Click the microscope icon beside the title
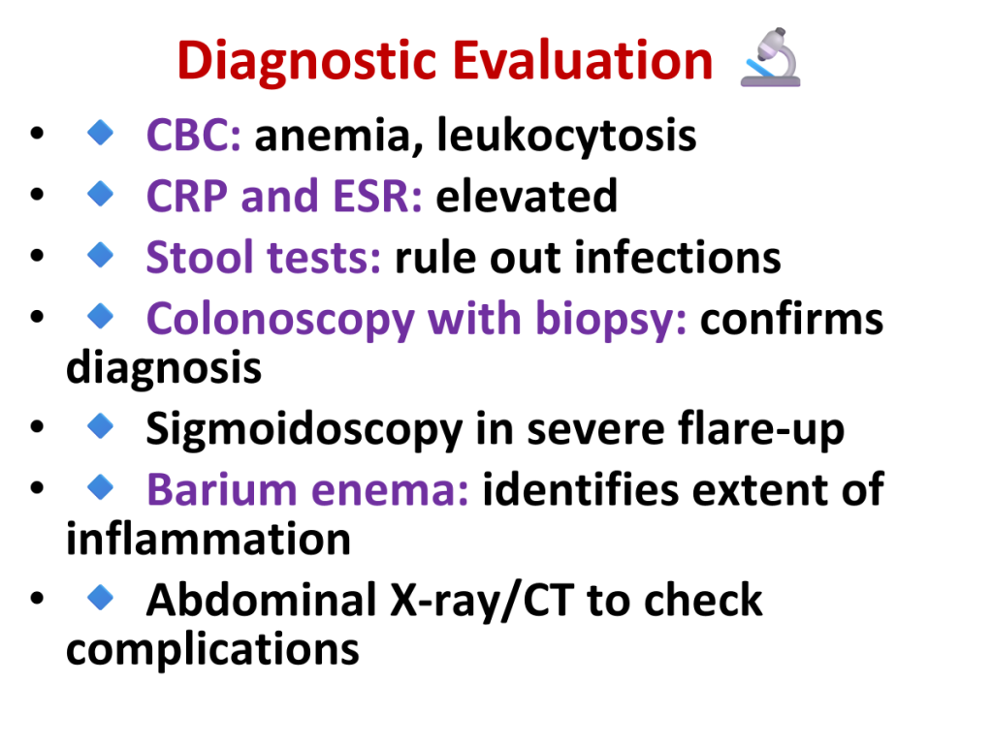[771, 57]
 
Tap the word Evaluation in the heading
[583, 60]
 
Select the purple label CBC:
[193, 135]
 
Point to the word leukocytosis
[566, 136]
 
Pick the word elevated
[527, 196]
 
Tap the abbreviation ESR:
[377, 196]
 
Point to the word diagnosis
[163, 368]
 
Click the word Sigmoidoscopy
[304, 430]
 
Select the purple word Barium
[222, 489]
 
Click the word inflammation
[208, 539]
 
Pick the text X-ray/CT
[481, 601]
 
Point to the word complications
[212, 650]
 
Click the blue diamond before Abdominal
[100, 597]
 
